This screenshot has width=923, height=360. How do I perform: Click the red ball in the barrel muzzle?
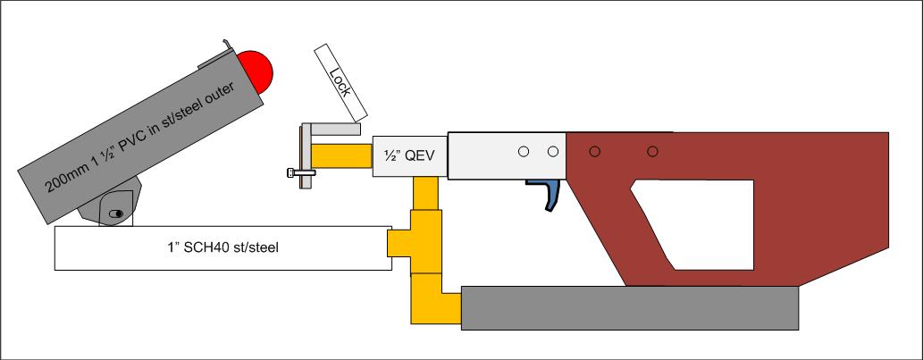[x=256, y=71]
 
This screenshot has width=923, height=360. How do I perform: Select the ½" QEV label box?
[x=402, y=154]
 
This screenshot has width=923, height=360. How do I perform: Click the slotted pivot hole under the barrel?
[x=114, y=213]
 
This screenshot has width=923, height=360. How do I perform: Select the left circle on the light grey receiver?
[x=524, y=151]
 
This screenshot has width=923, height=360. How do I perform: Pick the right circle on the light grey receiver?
[x=553, y=151]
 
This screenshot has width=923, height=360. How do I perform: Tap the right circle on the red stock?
[x=653, y=151]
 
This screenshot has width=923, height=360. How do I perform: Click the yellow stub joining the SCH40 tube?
[x=398, y=241]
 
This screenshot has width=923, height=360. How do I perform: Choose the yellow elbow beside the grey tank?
[x=435, y=299]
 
